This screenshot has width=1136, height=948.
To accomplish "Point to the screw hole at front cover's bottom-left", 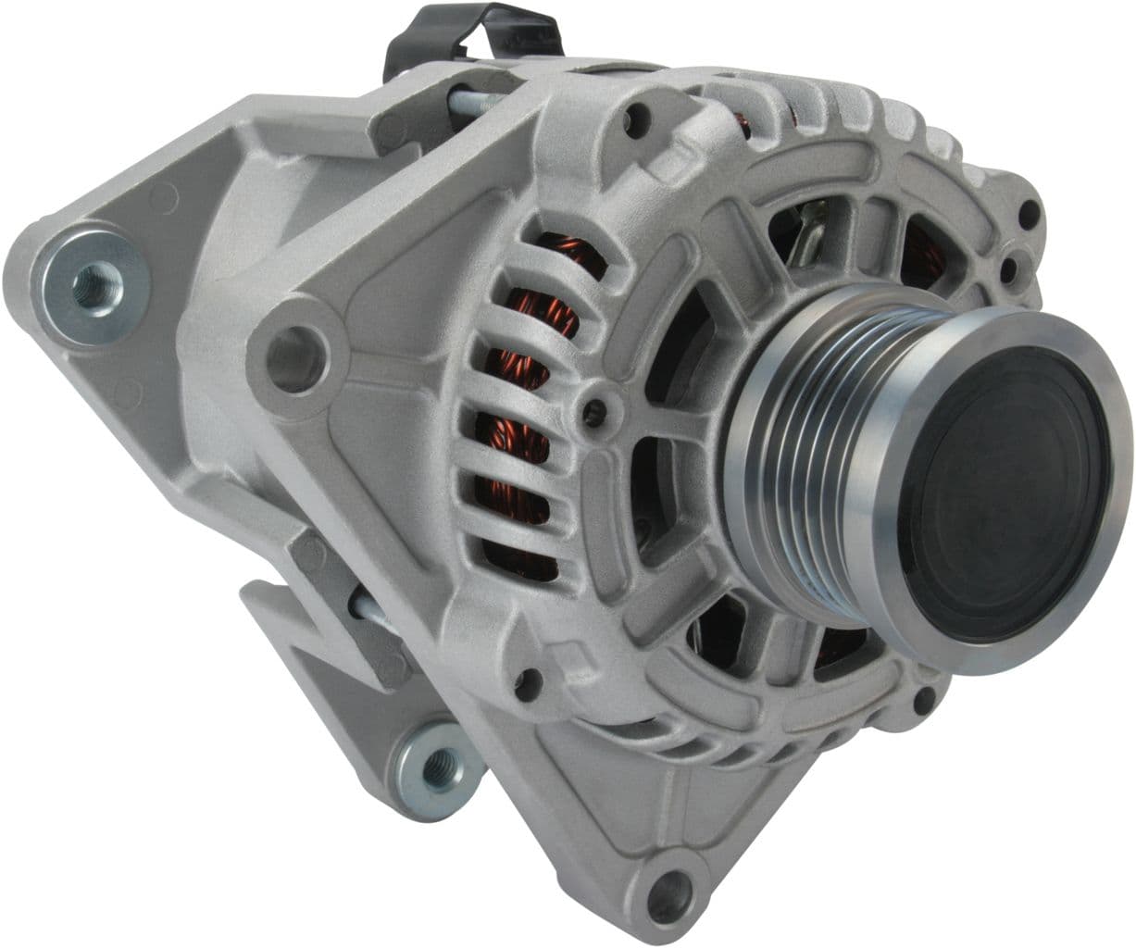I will (528, 683).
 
